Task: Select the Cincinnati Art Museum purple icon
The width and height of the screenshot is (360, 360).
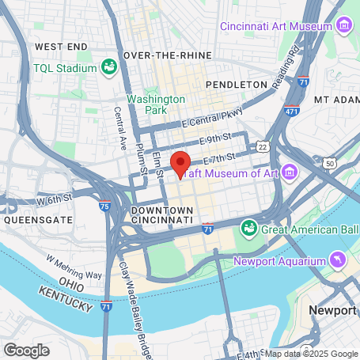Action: tap(343, 26)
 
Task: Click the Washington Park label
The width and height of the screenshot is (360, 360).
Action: tap(156, 105)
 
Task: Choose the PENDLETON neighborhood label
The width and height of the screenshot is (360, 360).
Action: tap(236, 84)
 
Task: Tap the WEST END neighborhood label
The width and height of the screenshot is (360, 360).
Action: tap(60, 47)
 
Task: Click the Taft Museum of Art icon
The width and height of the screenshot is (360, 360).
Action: tap(288, 172)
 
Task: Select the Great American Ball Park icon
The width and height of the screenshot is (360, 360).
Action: tap(248, 229)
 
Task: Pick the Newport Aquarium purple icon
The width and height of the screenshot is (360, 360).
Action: tap(338, 260)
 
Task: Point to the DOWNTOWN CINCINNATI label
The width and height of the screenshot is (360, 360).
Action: tap(161, 214)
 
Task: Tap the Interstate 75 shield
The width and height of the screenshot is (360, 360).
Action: tap(104, 207)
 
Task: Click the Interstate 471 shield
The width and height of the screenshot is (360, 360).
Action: tap(293, 111)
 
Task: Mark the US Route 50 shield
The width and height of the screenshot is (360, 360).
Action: tap(328, 162)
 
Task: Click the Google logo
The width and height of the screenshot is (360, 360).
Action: tap(26, 350)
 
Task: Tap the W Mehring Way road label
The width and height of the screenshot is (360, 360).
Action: tap(74, 267)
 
